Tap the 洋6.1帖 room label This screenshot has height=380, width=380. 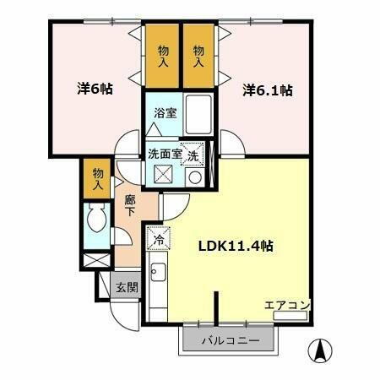[269, 90]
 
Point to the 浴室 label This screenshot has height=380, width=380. [165, 113]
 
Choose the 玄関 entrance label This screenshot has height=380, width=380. [127, 287]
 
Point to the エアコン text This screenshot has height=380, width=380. [288, 305]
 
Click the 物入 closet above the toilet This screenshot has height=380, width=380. [98, 178]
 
